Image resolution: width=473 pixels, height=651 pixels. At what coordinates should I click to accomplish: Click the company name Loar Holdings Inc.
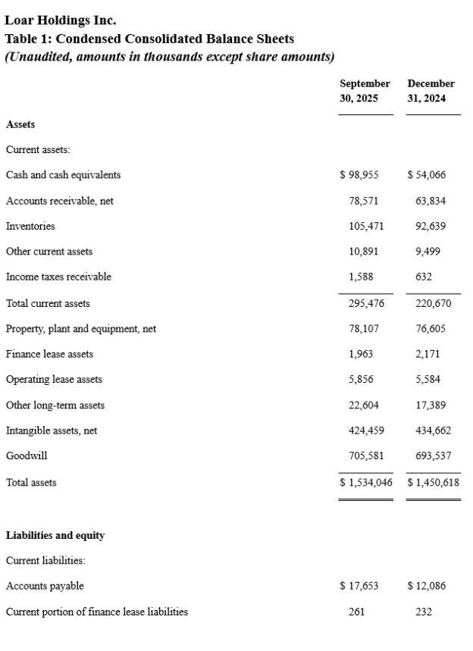61,20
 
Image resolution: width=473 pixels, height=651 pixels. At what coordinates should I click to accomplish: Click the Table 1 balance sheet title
149,39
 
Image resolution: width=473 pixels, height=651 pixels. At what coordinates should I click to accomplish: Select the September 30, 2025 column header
365,91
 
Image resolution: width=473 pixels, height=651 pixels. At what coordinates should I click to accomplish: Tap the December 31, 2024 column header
431,91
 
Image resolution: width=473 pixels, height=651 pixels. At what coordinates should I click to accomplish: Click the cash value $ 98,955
359,175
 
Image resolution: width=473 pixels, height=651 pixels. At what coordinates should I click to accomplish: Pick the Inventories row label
30,226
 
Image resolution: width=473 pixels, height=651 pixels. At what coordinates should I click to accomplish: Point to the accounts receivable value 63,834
431,201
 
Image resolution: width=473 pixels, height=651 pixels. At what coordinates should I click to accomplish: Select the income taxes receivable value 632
424,277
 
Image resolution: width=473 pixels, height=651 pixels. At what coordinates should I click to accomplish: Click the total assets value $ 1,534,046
366,482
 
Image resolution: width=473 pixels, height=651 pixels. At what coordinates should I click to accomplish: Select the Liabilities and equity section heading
55,536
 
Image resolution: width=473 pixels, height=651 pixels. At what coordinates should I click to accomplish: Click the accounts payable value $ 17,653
359,586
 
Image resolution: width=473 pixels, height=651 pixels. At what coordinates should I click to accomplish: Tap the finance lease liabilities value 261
356,612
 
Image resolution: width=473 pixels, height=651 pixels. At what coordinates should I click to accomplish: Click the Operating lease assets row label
54,379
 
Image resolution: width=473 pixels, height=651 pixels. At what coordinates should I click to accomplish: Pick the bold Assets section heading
20,124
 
